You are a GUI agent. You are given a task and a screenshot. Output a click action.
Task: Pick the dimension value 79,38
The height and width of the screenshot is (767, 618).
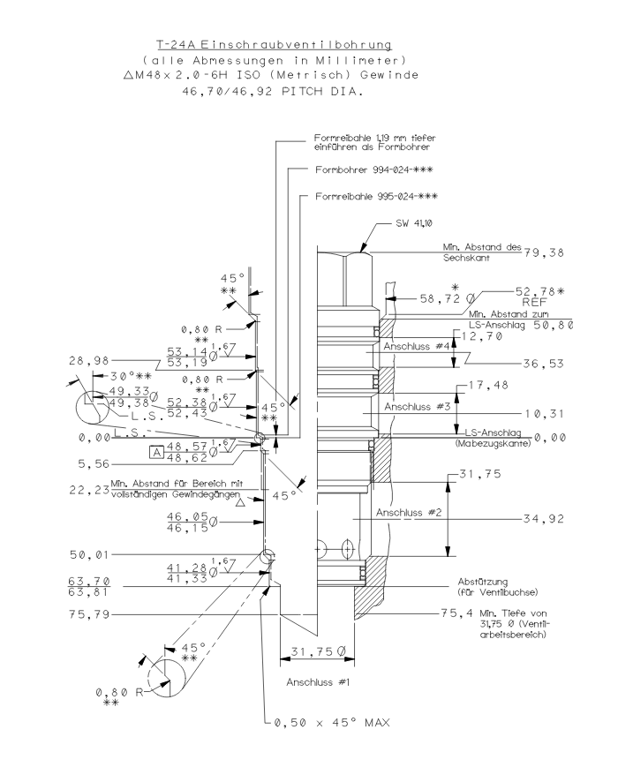[x=542, y=255]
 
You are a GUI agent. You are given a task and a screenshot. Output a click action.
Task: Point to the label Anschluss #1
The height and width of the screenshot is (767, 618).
[x=317, y=682]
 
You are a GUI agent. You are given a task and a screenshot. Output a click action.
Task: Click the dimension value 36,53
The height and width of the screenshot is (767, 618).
[x=542, y=362]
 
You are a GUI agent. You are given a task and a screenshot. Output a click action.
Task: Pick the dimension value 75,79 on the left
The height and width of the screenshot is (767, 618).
[x=86, y=613]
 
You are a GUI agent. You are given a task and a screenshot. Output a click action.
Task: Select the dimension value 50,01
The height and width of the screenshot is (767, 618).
[x=86, y=554]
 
